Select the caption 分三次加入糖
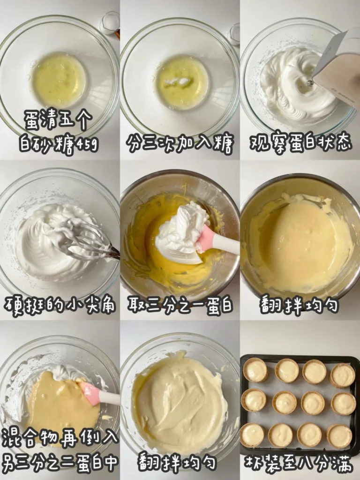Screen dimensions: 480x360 pos(180,144)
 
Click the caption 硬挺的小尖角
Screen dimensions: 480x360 pos(60,305)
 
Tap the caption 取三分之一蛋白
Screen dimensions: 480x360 pos(180,305)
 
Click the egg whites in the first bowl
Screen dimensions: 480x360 pos(59,80)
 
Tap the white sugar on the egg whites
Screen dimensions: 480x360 pos(179,82)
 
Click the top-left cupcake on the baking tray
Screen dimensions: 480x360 pos(255,370)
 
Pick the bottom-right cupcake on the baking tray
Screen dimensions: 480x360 pos(339,436)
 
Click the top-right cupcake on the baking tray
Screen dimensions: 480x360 pos(343,375)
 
